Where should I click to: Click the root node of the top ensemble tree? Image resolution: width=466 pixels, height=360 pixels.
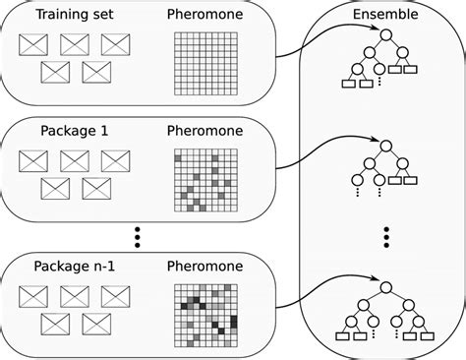click(x=386, y=36)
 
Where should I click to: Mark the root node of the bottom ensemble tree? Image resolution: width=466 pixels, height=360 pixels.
click(x=386, y=286)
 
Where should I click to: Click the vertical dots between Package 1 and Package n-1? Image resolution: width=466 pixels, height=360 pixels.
click(x=137, y=235)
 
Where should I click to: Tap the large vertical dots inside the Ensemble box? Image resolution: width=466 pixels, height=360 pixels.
click(x=386, y=236)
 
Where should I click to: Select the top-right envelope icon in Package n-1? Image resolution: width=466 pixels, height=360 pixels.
click(x=115, y=294)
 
